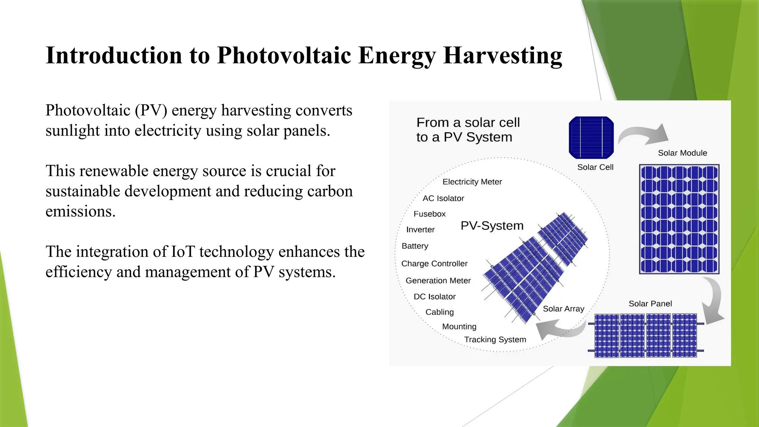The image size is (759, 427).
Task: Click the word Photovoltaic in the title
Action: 284,56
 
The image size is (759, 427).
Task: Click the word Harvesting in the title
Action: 503,56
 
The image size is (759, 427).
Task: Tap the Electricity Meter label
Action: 472,182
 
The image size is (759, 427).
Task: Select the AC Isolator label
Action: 443,198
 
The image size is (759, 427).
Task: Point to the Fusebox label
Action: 430,214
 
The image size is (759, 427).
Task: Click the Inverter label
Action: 420,230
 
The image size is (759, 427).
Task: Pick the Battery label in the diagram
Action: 415,246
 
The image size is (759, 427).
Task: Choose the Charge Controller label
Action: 434,264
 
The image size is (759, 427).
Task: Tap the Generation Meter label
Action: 438,281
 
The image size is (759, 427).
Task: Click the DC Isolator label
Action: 434,297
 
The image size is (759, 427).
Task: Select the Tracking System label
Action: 495,340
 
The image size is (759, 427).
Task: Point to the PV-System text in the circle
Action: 492,226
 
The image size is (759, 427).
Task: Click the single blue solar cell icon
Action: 591,138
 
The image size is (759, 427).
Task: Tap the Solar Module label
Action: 682,153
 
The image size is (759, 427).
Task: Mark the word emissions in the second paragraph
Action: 80,212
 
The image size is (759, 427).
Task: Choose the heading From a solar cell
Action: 468,123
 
